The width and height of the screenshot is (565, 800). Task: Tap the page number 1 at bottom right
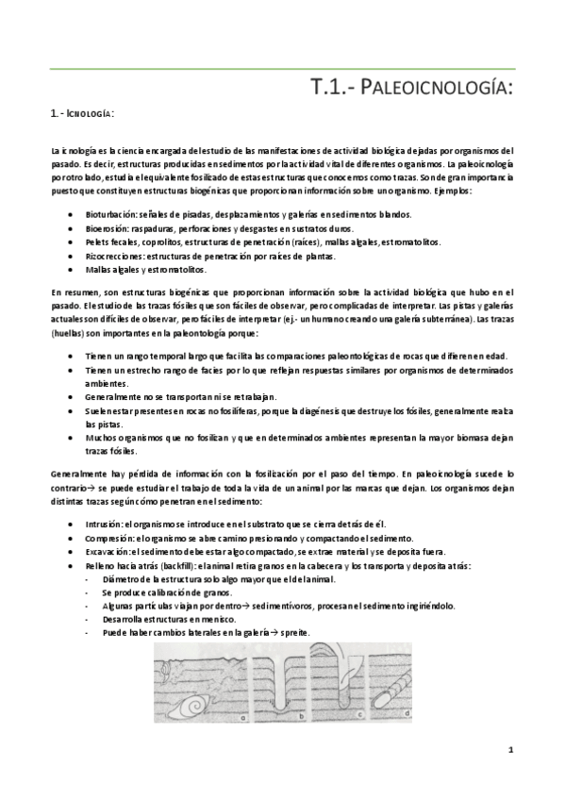(509, 751)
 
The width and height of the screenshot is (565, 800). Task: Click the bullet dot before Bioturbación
(74, 214)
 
